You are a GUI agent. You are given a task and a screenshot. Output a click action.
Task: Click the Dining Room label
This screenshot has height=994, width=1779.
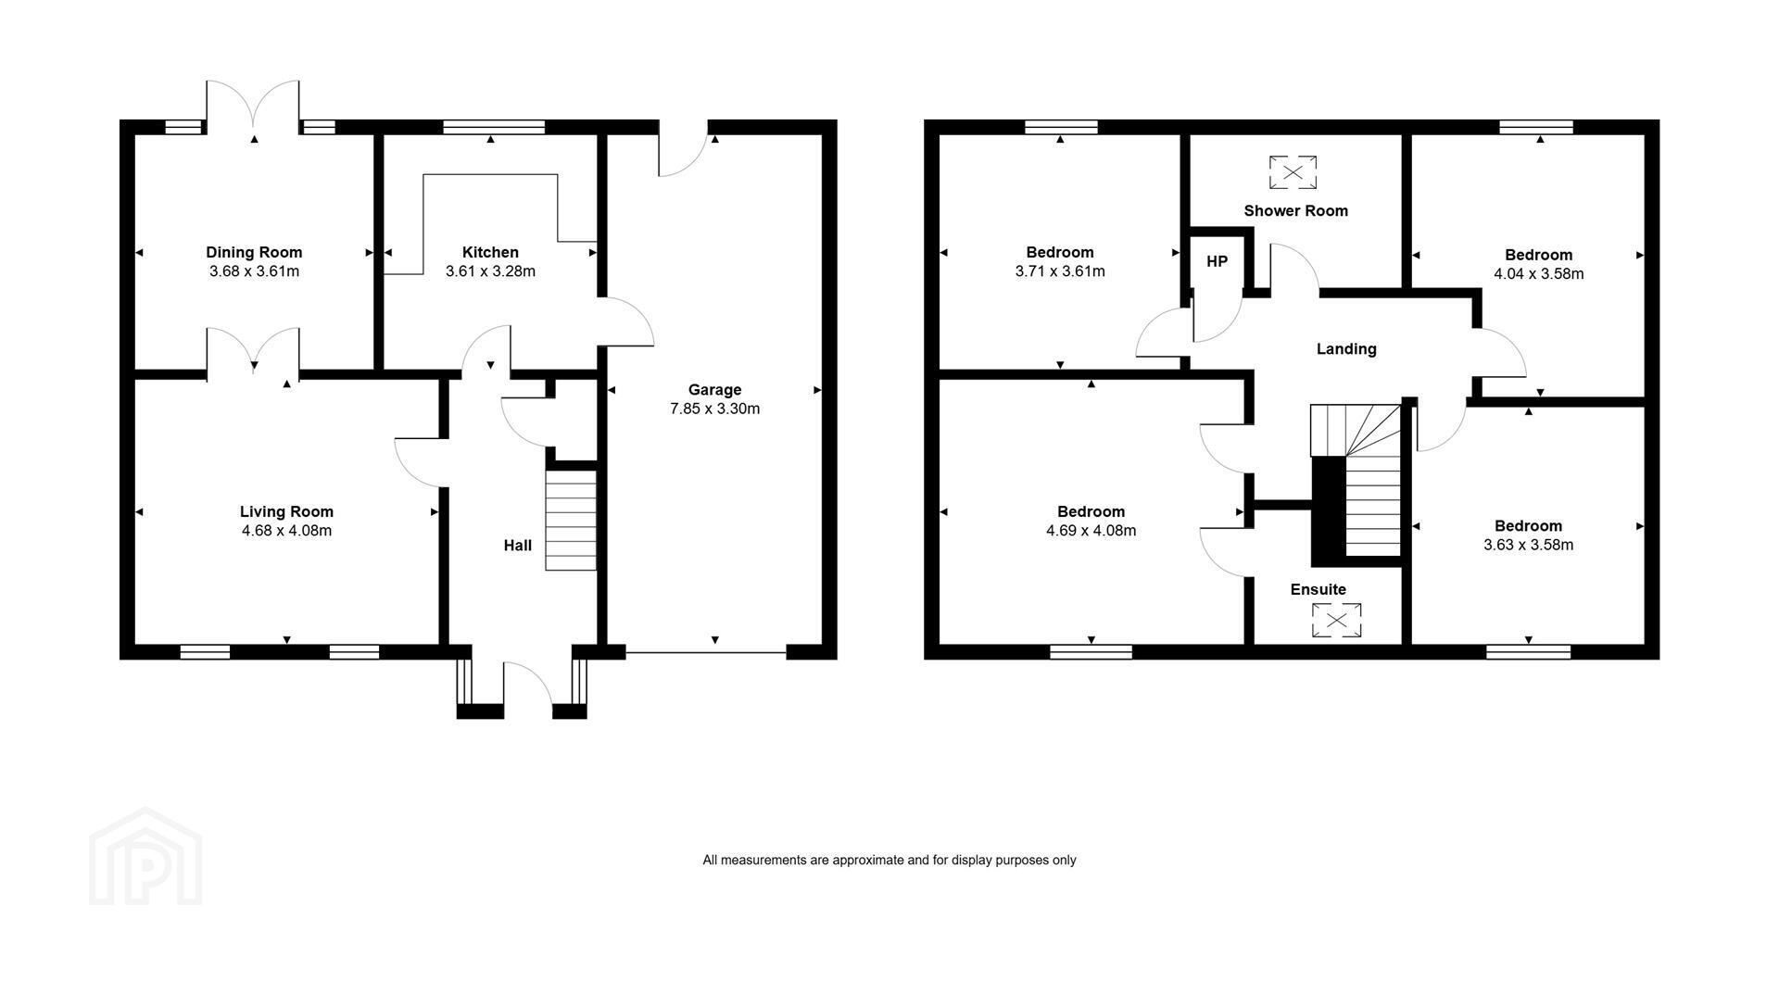[254, 252]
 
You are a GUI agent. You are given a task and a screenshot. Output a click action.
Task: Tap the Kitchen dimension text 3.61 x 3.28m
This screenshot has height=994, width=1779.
[490, 271]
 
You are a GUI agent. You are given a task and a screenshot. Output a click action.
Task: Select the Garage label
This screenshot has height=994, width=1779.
[714, 390]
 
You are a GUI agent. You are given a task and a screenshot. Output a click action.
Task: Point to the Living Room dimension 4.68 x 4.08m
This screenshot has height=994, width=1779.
[286, 531]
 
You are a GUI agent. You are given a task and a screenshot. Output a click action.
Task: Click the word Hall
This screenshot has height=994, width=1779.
[518, 546]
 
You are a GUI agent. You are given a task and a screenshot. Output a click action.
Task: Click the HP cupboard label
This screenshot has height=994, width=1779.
[1217, 262]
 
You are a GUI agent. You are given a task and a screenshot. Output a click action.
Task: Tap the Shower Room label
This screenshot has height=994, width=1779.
[1295, 211]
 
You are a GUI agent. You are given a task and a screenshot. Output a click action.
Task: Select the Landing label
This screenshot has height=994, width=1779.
[1346, 349]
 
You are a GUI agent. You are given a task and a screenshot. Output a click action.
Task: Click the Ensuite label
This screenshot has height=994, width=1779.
[1318, 589]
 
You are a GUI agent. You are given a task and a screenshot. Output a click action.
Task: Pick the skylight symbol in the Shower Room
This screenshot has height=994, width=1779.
[1293, 172]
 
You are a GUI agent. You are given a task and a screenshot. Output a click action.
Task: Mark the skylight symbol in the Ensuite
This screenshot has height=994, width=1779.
[1336, 621]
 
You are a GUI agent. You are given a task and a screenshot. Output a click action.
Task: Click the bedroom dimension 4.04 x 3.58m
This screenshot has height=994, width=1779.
[1539, 274]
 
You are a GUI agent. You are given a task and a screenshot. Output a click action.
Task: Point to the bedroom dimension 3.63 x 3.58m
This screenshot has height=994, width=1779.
[1529, 545]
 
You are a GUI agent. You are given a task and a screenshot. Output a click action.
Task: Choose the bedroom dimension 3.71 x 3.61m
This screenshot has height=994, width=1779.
[1060, 271]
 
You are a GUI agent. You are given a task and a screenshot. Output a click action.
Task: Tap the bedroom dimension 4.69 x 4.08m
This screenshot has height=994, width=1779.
[1091, 531]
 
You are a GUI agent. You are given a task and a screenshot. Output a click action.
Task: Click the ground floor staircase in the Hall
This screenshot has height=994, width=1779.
[571, 521]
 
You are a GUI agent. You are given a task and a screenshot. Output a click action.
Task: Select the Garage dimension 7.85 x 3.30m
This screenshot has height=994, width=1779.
[715, 409]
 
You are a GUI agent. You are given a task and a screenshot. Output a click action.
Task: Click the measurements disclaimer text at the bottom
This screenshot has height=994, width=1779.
[889, 860]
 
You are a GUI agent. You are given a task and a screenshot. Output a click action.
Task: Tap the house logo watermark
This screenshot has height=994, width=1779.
[145, 856]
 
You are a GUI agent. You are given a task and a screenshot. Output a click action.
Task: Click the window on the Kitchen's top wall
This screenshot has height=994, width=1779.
[494, 127]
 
